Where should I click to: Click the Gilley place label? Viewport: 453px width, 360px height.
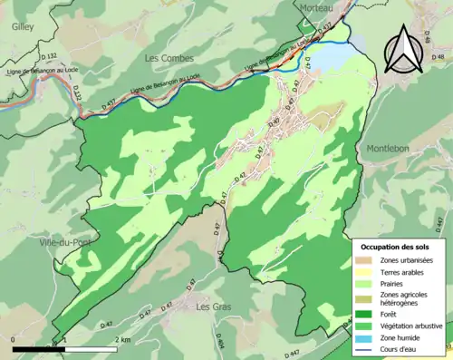click(x=24, y=27)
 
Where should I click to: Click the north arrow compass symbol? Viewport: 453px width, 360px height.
click(x=407, y=50)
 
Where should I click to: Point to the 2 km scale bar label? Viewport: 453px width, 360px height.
click(x=122, y=338)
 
